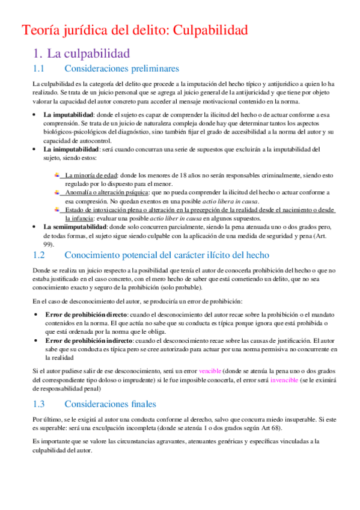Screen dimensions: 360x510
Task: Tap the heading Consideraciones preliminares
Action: pos(121,69)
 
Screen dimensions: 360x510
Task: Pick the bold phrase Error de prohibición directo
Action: pos(86,315)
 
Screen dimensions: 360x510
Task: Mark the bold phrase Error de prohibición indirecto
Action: pos(89,341)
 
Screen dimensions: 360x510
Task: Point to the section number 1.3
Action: pos(40,404)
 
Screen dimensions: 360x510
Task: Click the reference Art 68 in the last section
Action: pos(263,428)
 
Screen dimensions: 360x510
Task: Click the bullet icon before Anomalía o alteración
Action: pos(56,192)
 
